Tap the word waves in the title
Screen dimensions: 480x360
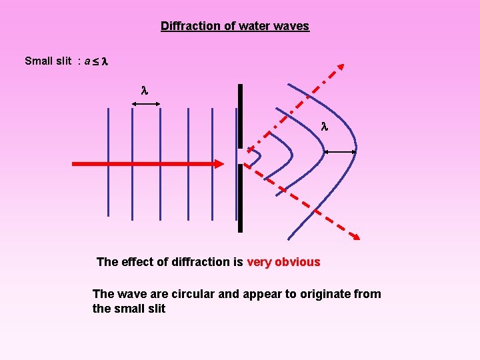point(291,26)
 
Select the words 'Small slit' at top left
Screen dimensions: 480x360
point(47,61)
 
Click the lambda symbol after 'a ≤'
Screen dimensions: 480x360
point(104,61)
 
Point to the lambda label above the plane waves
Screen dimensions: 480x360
point(144,89)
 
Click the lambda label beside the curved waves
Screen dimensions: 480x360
point(325,125)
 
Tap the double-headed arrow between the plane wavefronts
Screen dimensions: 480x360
point(147,103)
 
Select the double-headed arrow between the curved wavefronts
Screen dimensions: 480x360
point(340,152)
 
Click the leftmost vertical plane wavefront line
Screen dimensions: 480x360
point(108,163)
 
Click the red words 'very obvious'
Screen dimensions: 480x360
point(283,262)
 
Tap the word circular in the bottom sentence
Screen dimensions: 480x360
point(193,294)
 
